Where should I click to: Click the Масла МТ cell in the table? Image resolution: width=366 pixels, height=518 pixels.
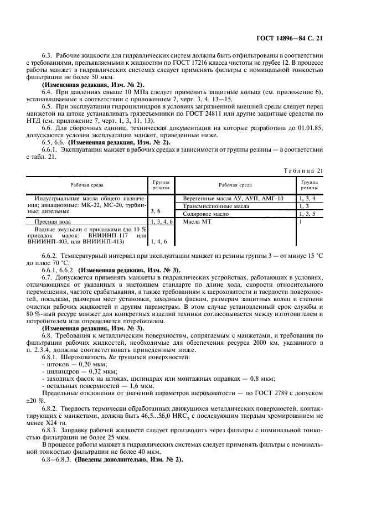point(195,221)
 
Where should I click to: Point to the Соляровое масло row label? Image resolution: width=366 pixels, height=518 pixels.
point(205,214)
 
